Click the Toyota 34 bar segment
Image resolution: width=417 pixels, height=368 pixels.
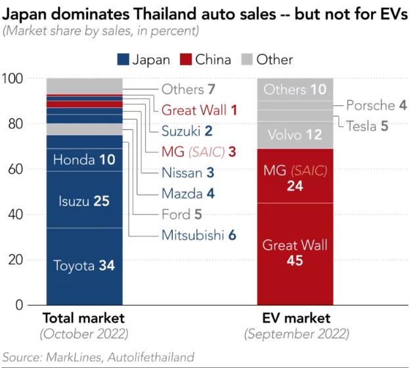pos(84,265)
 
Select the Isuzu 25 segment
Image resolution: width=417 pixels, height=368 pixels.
pos(84,200)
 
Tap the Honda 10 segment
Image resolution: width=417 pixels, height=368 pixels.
pos(84,160)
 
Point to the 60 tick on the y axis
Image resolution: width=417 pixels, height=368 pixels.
pos(14,170)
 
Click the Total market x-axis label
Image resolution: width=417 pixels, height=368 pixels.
pos(83,319)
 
